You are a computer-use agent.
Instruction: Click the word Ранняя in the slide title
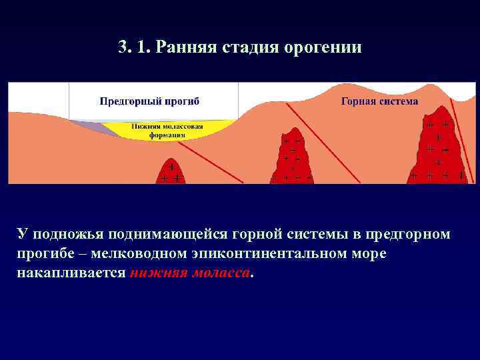pyautogui.click(x=193, y=47)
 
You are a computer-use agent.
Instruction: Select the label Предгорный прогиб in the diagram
pyautogui.click(x=149, y=101)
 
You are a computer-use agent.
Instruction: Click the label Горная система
pyautogui.click(x=379, y=101)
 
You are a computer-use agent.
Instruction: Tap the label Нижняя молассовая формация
pyautogui.click(x=167, y=130)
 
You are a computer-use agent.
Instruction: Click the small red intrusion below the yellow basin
pyautogui.click(x=171, y=173)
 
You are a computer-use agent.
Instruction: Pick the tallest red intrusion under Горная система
pyautogui.click(x=437, y=147)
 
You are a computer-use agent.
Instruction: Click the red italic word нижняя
pyautogui.click(x=156, y=273)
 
